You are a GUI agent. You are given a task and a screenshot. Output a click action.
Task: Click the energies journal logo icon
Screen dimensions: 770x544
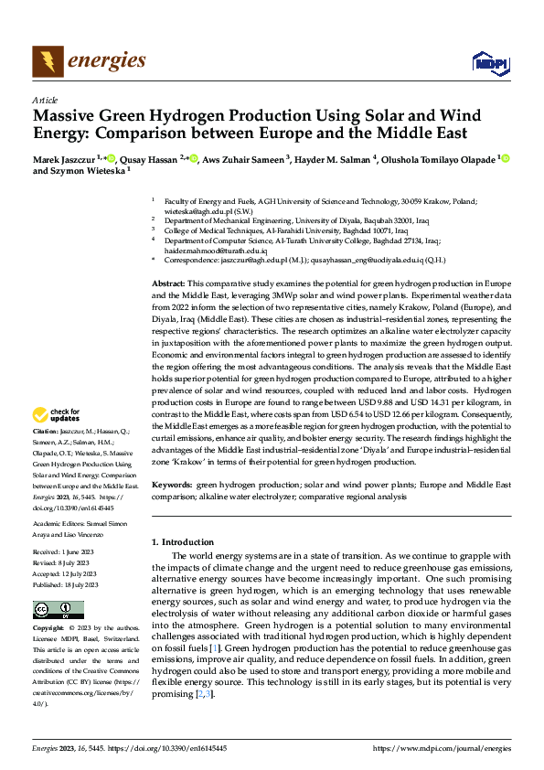tap(47, 60)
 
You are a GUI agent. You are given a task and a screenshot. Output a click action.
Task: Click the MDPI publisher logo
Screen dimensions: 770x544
tap(490, 62)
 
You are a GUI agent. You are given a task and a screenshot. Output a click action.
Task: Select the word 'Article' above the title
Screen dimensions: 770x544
tap(45, 100)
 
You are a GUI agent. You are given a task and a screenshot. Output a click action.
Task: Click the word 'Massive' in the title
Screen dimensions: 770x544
tap(67, 117)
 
